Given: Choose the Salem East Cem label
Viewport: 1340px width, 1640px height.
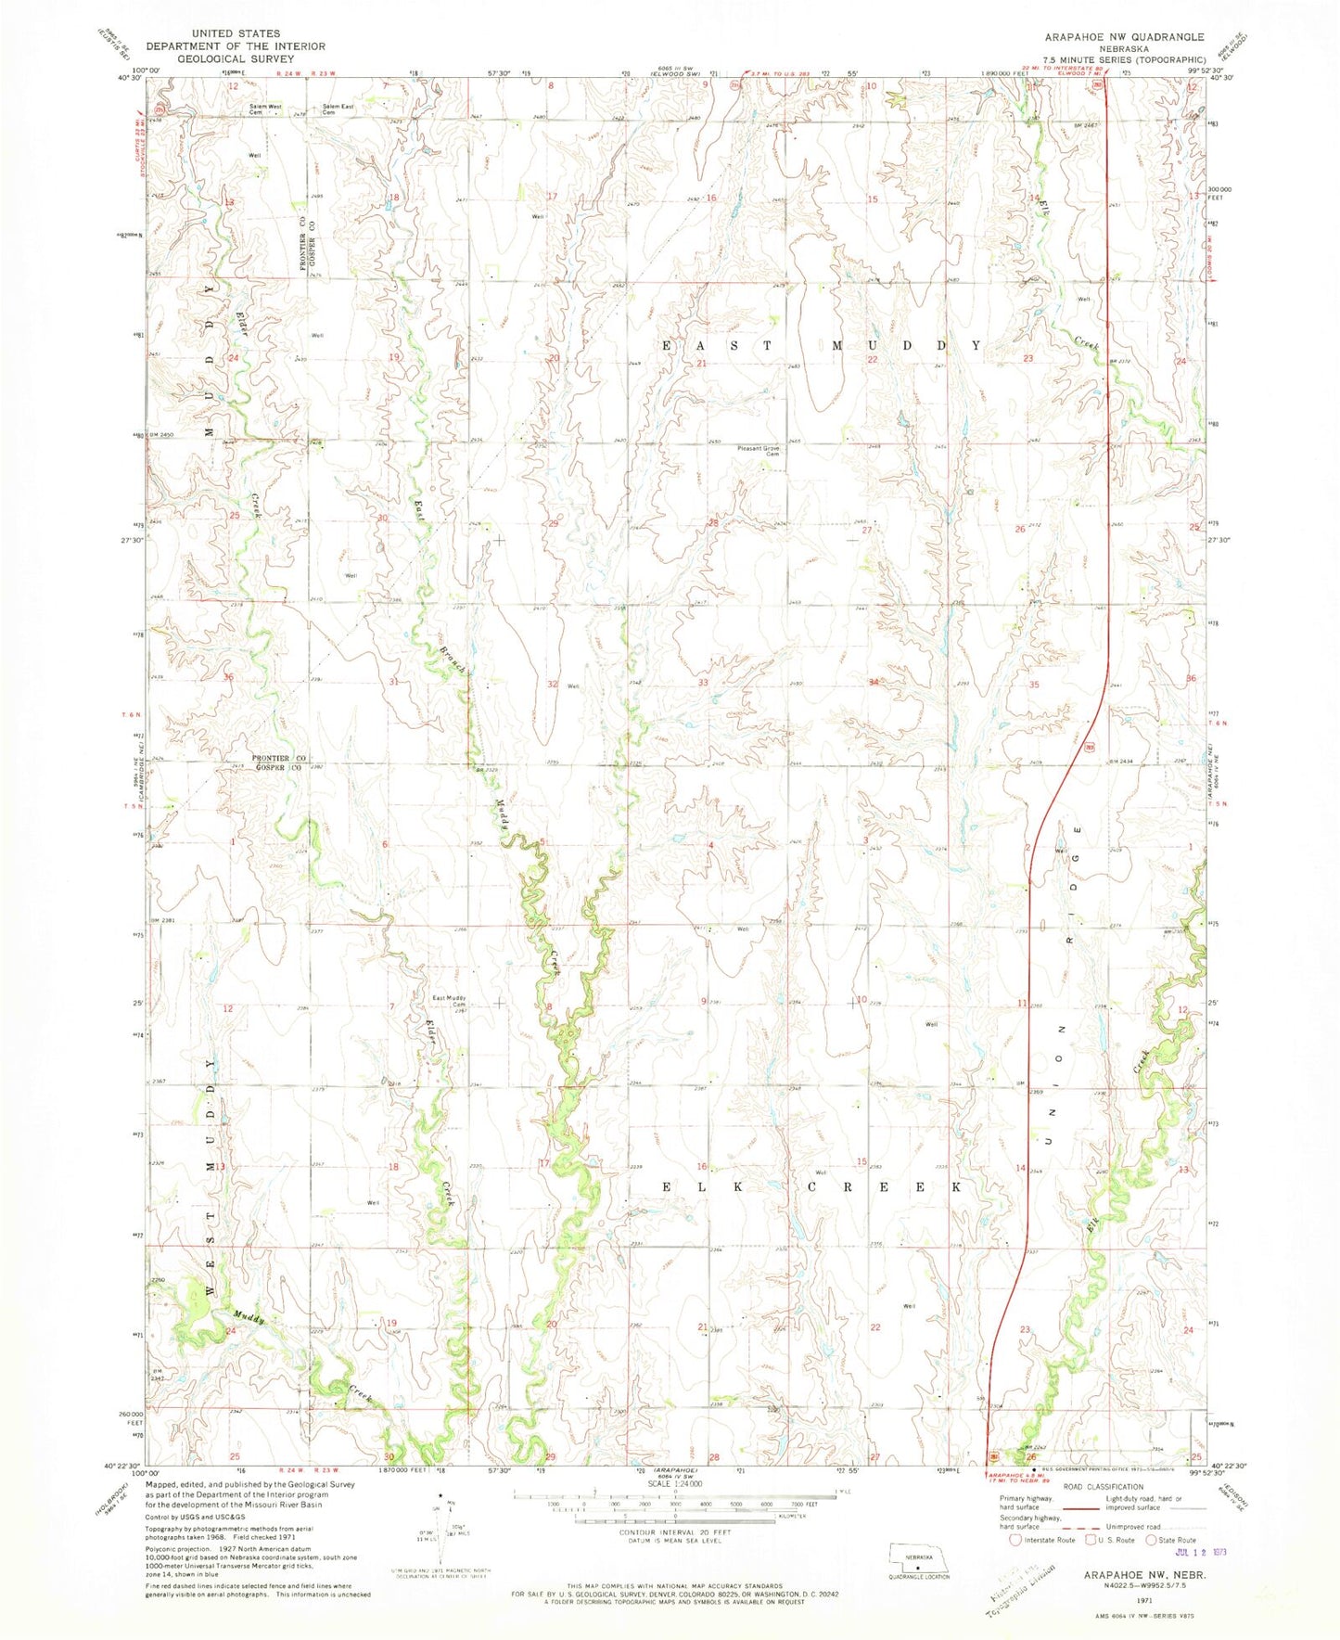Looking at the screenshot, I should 338,109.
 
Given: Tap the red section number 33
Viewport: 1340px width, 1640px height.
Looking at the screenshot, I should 703,683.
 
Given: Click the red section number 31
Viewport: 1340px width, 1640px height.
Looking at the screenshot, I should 394,682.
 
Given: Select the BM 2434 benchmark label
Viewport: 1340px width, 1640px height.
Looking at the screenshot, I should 1124,762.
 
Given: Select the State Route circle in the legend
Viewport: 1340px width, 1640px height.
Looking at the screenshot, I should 1152,1540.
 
